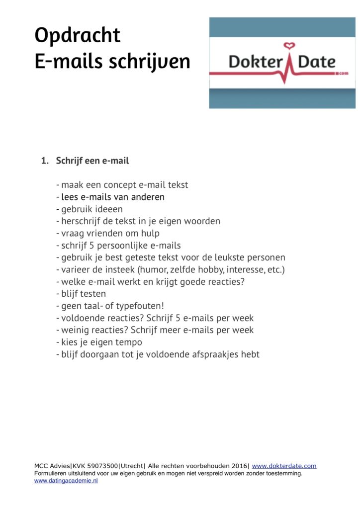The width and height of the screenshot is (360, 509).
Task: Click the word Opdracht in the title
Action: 77,36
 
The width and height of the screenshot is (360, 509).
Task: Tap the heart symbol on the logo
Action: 289,47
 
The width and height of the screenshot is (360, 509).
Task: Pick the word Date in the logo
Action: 317,63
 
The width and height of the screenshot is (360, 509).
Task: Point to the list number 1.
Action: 44,161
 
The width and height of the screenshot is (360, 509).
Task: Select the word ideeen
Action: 106,209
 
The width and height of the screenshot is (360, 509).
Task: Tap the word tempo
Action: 130,342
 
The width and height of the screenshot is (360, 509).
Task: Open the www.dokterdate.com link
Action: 284,466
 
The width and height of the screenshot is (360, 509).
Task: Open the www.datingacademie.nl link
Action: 66,481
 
